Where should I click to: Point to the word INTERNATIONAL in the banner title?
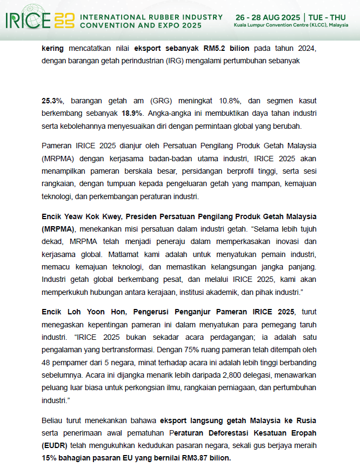(110, 17)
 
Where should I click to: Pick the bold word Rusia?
(305, 421)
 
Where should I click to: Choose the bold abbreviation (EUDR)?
(55, 447)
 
